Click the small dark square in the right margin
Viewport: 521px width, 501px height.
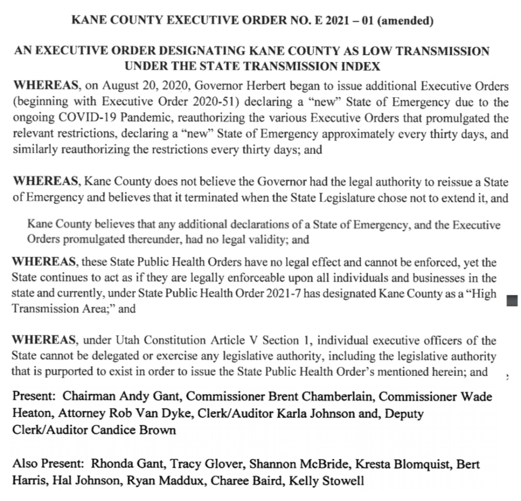click(x=513, y=302)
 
